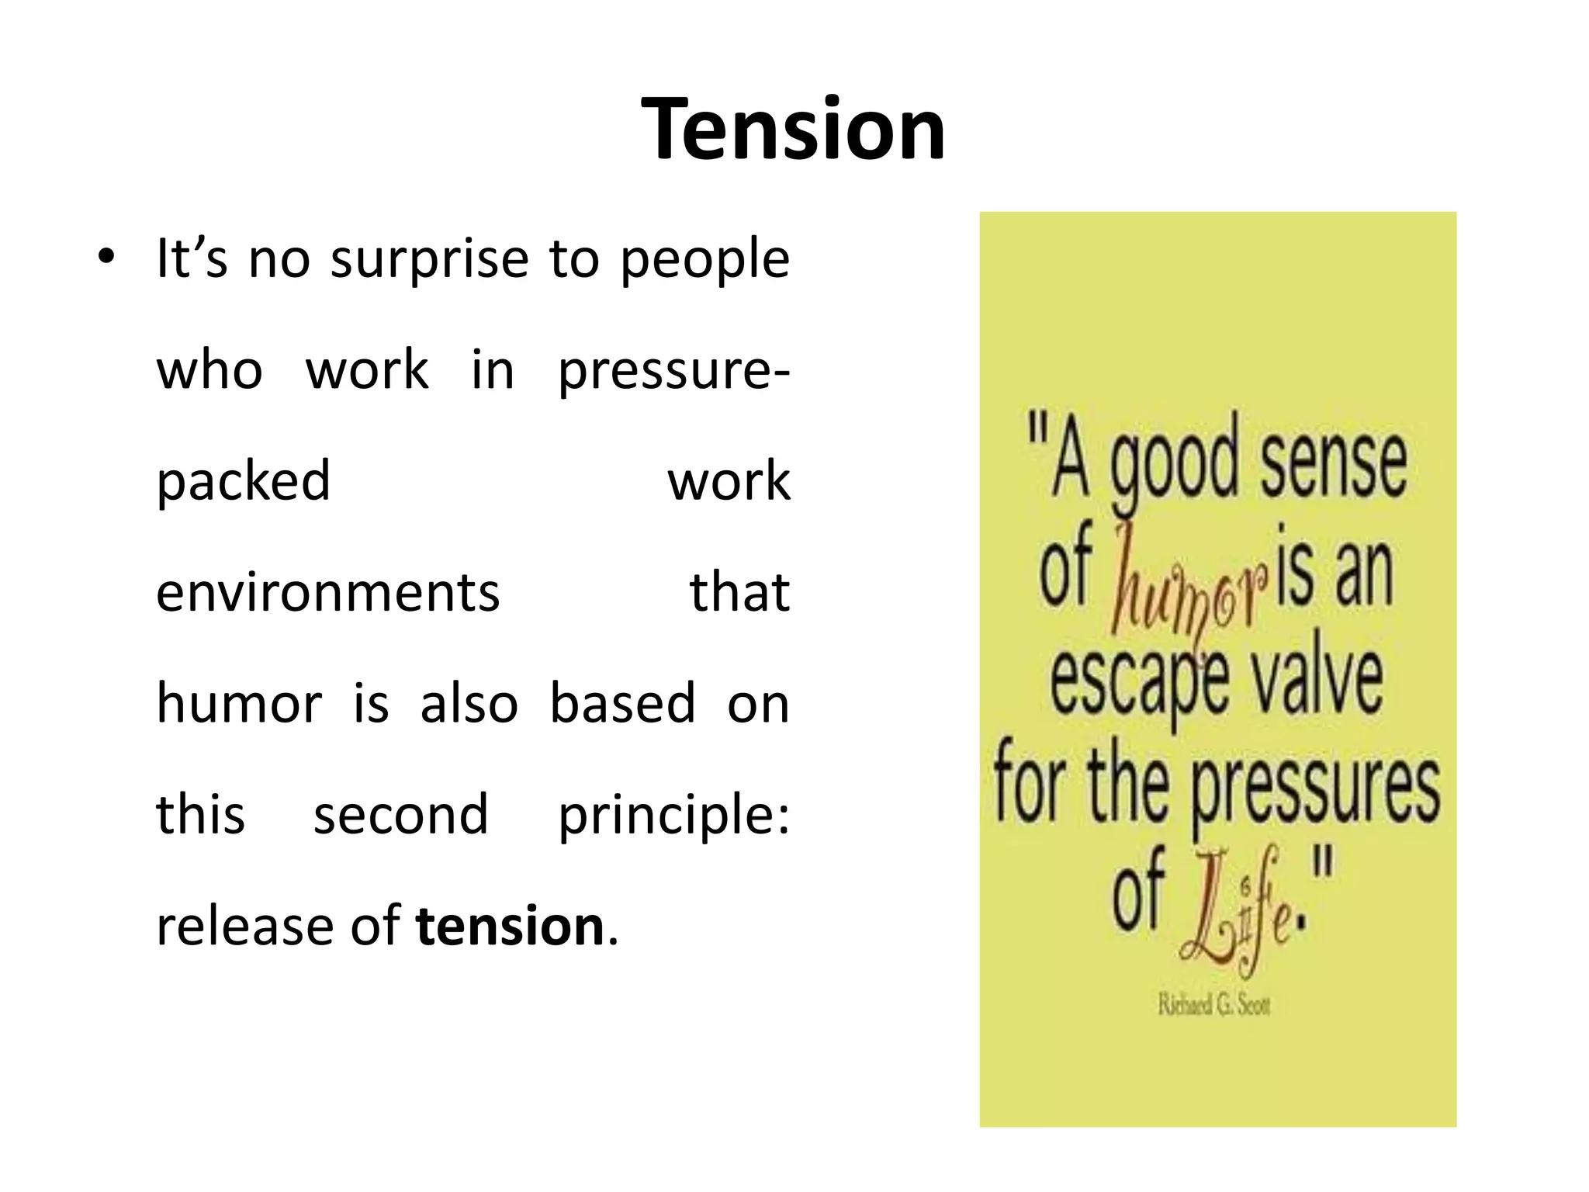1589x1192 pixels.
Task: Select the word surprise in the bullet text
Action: (x=429, y=260)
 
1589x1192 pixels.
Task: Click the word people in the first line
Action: (x=704, y=260)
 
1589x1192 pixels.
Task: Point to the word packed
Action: (x=244, y=482)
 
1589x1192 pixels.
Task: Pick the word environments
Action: (x=328, y=592)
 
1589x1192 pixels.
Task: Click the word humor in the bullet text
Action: (x=239, y=703)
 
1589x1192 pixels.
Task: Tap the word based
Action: (x=622, y=703)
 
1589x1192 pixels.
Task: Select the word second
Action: (x=400, y=814)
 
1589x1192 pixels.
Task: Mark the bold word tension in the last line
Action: (x=510, y=926)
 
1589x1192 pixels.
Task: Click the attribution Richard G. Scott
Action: (x=1214, y=1006)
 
